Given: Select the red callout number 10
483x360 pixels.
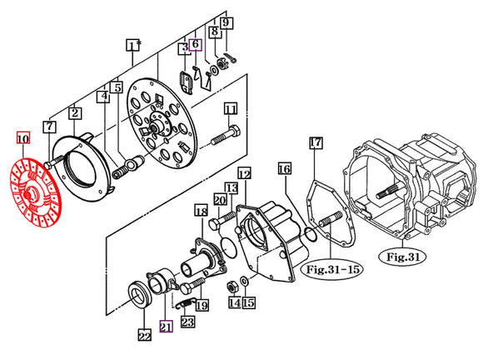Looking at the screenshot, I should coord(22,138).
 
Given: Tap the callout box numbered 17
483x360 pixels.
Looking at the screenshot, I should coord(316,143).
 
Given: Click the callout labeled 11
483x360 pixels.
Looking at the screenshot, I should coord(231,108).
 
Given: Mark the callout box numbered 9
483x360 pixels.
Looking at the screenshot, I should coord(227,24).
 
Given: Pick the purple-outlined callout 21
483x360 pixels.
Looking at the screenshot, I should coord(167,327).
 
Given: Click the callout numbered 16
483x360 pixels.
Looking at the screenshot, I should coord(285,170).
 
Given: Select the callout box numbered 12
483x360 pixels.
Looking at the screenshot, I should coord(244,174).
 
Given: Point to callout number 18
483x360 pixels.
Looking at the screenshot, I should coord(201,214).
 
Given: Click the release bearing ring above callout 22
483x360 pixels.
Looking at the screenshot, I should coord(140,295).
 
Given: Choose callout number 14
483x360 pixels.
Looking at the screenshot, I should coord(235,304).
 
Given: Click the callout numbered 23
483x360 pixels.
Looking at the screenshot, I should coord(188,321).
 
